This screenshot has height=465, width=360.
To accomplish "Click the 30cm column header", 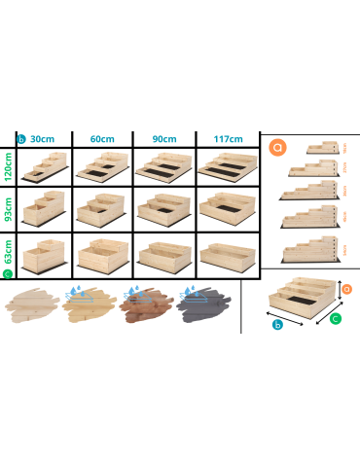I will [42, 139].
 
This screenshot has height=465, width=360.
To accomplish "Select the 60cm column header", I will [102, 139].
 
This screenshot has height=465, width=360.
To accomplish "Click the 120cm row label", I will [8, 166].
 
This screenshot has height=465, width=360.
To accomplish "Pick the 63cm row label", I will [8, 256].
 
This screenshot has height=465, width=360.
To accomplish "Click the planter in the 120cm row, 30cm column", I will [43, 166].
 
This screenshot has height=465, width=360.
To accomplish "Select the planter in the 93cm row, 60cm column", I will [102, 209].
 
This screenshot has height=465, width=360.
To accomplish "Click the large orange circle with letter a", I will [278, 148].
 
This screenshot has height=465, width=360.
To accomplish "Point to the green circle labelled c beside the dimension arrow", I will [336, 317].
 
